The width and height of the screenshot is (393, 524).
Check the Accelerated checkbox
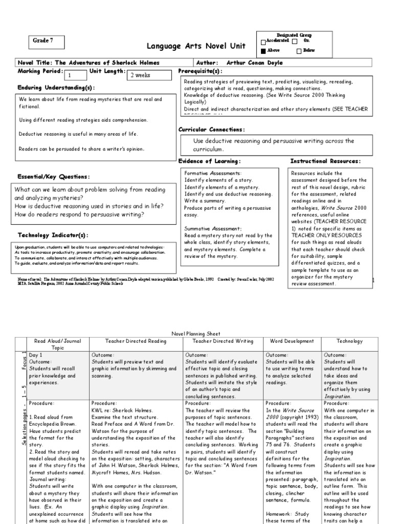coord(264,41)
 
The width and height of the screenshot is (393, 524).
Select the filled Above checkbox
coord(264,51)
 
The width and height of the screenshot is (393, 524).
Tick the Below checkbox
coord(299,51)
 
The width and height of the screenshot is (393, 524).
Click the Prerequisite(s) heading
coord(200,71)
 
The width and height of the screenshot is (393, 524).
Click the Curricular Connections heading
coord(211,129)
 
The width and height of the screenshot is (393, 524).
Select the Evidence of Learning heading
coord(209,161)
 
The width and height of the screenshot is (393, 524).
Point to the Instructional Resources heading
coord(325,161)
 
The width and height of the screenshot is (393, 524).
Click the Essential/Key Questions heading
coord(54,177)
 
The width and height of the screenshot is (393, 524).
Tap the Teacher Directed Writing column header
coord(223,341)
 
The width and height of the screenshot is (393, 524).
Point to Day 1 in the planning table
coord(36,354)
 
